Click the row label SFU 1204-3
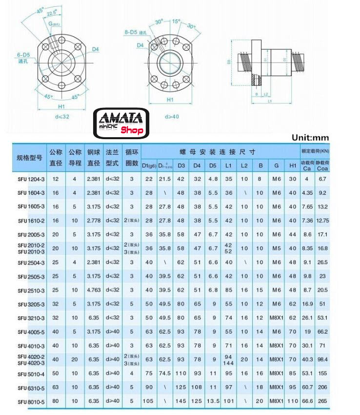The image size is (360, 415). [x=31, y=179]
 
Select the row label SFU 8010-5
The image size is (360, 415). [x=31, y=402]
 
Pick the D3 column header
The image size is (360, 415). [x=181, y=166]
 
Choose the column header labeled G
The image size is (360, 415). [x=277, y=166]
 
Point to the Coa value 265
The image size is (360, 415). [x=322, y=402]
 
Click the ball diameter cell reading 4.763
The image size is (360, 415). [x=94, y=290]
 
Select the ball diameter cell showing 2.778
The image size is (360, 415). [x=94, y=221]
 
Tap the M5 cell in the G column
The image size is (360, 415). [x=277, y=249]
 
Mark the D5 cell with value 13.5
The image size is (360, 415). [x=213, y=402]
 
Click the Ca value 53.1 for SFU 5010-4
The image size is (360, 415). [x=307, y=374]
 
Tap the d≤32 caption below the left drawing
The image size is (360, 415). [x=62, y=117]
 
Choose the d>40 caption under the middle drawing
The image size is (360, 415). [x=172, y=117]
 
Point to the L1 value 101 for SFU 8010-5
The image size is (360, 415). [x=228, y=402]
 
